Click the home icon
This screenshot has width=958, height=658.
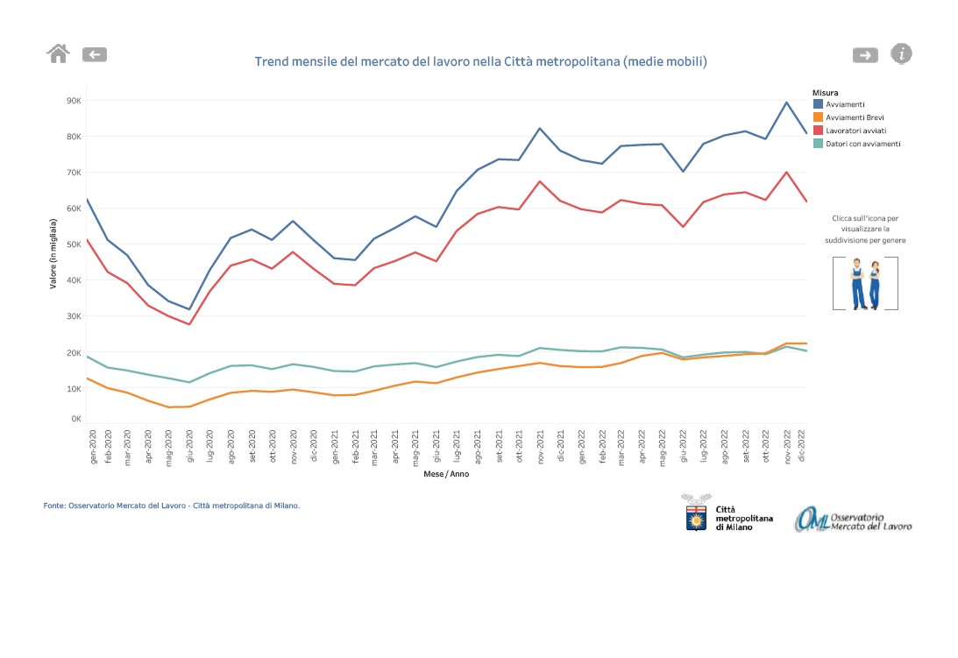tap(58, 53)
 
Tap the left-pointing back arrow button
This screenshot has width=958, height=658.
tap(95, 54)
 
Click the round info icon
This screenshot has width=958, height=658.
tap(901, 53)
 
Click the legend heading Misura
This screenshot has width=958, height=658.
tap(825, 92)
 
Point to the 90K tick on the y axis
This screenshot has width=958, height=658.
tap(74, 101)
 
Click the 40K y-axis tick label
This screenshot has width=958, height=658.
tap(74, 280)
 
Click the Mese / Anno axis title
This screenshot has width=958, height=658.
tap(446, 474)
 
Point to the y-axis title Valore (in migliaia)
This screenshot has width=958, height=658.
tap(53, 254)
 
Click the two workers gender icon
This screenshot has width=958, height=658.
tap(865, 283)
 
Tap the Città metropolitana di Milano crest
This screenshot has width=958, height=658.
tap(696, 515)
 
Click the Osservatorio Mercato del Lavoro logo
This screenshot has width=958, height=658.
tap(853, 519)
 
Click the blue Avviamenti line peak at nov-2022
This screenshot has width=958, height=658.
tap(786, 103)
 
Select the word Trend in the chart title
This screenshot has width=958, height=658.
tap(272, 61)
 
